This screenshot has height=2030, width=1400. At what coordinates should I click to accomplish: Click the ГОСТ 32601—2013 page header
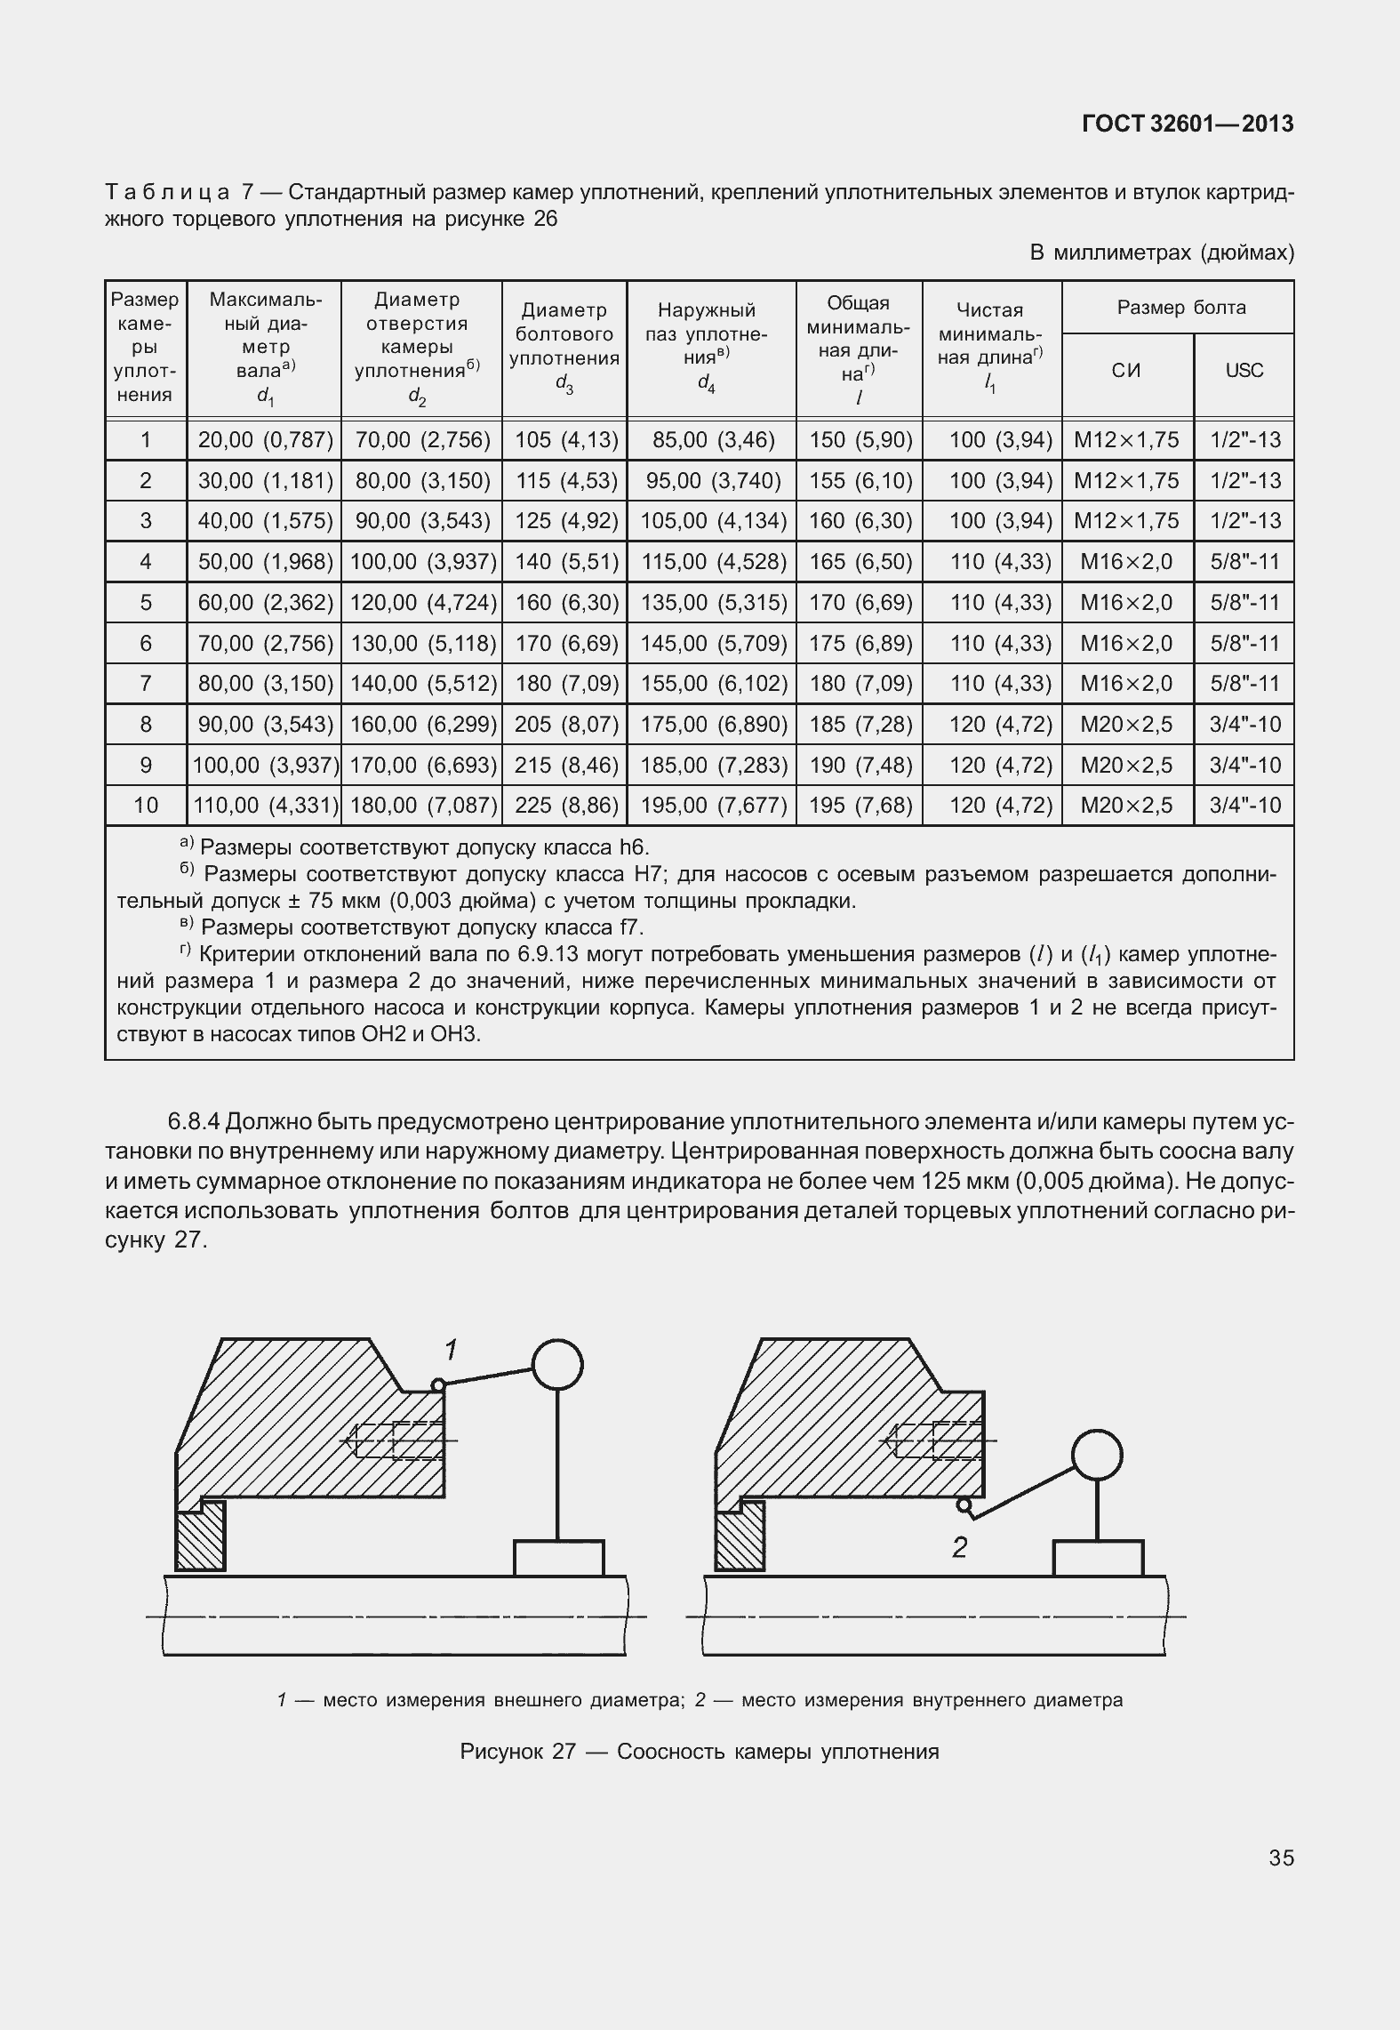coord(1188,124)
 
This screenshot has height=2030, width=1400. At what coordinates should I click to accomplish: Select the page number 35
coord(1281,1857)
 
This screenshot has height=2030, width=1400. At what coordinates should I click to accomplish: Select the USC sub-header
coord(1244,370)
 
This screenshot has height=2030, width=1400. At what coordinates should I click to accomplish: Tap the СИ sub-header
coord(1126,370)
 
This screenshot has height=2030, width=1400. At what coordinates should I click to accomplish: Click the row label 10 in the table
coord(146,806)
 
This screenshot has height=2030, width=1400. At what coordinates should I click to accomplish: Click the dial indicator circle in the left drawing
coord(556,1364)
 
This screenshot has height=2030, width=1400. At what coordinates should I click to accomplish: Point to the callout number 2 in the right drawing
coord(959,1548)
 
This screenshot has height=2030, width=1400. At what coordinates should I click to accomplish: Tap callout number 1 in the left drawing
coord(452,1351)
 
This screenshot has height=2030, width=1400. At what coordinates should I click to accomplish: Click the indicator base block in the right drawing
coord(1098,1558)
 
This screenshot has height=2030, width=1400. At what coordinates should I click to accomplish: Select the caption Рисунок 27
coord(699,1752)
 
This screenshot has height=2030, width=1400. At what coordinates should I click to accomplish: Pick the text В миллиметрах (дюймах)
coord(1161,253)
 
